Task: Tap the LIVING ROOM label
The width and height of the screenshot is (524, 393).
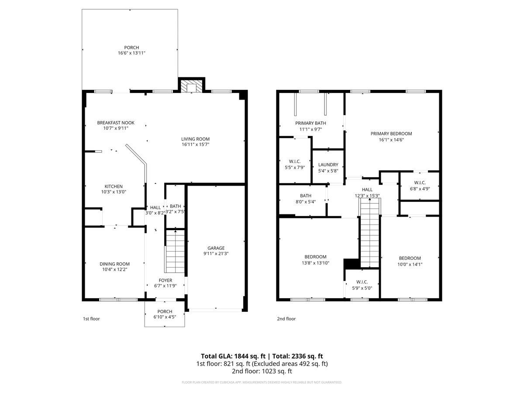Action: point(195,139)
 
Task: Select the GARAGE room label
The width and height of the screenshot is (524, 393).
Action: point(216,248)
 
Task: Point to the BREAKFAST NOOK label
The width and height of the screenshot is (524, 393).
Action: point(116,123)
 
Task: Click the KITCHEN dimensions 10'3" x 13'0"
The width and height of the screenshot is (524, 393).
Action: point(114,192)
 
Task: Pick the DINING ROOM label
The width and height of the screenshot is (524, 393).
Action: point(114,264)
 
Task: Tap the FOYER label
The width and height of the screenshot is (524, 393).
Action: point(165,280)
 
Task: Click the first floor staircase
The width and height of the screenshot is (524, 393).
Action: point(175,251)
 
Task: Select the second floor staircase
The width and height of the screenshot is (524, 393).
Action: point(370,233)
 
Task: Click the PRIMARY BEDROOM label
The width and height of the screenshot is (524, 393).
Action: point(391,134)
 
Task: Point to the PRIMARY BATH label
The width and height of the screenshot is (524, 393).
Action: point(310,123)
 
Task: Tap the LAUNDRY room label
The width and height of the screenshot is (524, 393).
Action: point(328,165)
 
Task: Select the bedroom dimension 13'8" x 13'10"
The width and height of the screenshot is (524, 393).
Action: point(315,263)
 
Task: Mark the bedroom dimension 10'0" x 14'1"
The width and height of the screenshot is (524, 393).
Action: point(410,264)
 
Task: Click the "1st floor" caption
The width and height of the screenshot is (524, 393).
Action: point(91,319)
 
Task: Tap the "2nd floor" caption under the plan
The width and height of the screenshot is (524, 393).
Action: point(286,319)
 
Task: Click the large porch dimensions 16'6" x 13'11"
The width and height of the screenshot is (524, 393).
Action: point(131,53)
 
